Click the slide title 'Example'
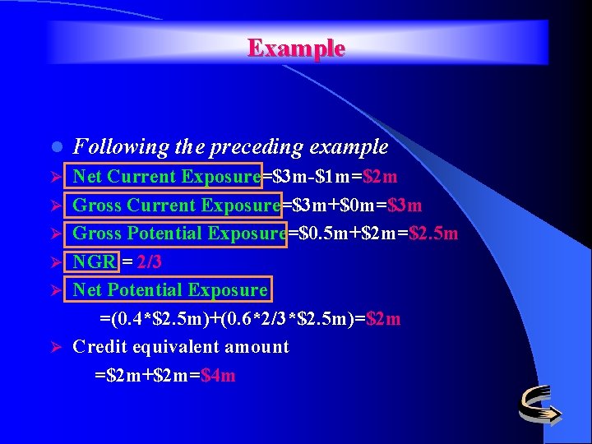coord(296,48)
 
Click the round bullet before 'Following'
coord(54,148)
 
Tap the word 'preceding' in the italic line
coord(259,148)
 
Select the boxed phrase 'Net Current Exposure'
coord(165,177)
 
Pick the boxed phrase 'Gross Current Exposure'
coord(176,206)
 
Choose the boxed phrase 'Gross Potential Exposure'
coord(179,234)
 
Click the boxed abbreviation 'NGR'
coord(93,262)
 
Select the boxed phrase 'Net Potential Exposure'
coord(169,290)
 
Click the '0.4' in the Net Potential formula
coord(128,319)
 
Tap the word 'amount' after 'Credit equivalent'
coord(257,347)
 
